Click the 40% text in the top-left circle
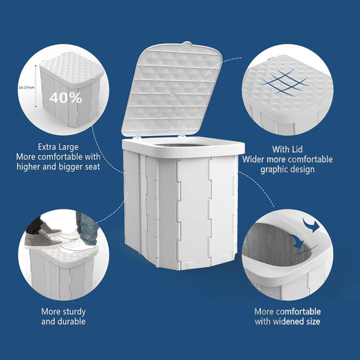[66, 97]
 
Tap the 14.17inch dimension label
[28, 87]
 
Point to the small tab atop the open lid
[187, 47]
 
